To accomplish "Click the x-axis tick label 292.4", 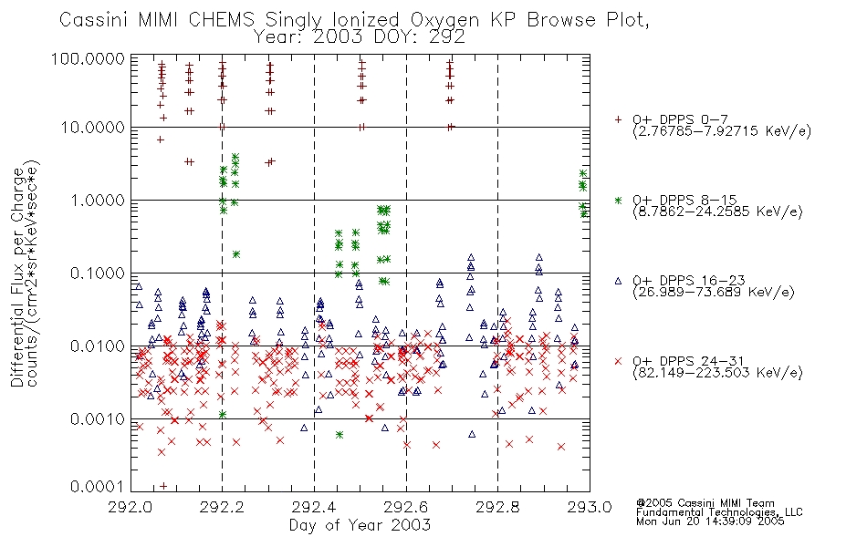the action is [314, 507].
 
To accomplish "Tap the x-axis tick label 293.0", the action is [590, 507].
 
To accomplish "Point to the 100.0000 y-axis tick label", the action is [88, 58].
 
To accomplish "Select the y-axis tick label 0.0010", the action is [98, 418].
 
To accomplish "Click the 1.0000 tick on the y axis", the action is [98, 200].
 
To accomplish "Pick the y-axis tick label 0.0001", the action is [98, 486].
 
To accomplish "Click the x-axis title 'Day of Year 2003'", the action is [360, 525].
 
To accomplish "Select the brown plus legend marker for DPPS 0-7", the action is [618, 119].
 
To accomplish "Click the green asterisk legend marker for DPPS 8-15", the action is [618, 200].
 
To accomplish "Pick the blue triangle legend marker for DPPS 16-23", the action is [618, 281].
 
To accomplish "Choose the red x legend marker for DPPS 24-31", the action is [618, 361].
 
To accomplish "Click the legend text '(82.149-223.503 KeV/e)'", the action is [717, 373].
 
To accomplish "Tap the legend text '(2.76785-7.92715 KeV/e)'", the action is [722, 131].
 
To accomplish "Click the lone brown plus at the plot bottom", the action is [163, 486].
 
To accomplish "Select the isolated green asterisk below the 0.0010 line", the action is [339, 435].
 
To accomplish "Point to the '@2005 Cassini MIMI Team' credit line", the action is [705, 503].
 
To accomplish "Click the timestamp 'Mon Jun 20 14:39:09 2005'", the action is [710, 521].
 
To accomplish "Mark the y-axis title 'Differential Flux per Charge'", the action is [17, 277].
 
